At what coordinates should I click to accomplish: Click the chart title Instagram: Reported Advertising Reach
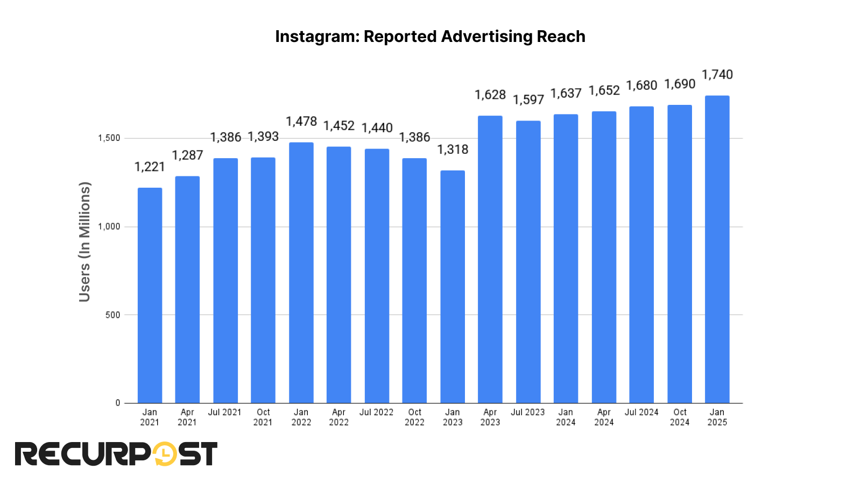[430, 37]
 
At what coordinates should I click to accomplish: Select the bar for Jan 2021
[150, 296]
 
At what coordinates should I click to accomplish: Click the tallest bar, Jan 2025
[717, 250]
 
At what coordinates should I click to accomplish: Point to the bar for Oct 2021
[263, 280]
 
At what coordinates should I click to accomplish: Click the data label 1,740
[717, 75]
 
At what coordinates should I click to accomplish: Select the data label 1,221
[150, 167]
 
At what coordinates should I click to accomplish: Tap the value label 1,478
[301, 122]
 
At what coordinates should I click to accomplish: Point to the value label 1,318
[453, 150]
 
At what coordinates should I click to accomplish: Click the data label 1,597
[528, 100]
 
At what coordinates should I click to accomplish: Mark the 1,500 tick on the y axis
[109, 138]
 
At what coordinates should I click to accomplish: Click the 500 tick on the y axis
[113, 315]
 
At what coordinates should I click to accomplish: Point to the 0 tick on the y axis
[118, 403]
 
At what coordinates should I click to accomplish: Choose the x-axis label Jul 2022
[377, 412]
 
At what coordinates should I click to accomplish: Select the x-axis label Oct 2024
[680, 417]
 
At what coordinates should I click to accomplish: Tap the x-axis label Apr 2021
[187, 417]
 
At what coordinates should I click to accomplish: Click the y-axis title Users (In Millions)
[84, 242]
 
